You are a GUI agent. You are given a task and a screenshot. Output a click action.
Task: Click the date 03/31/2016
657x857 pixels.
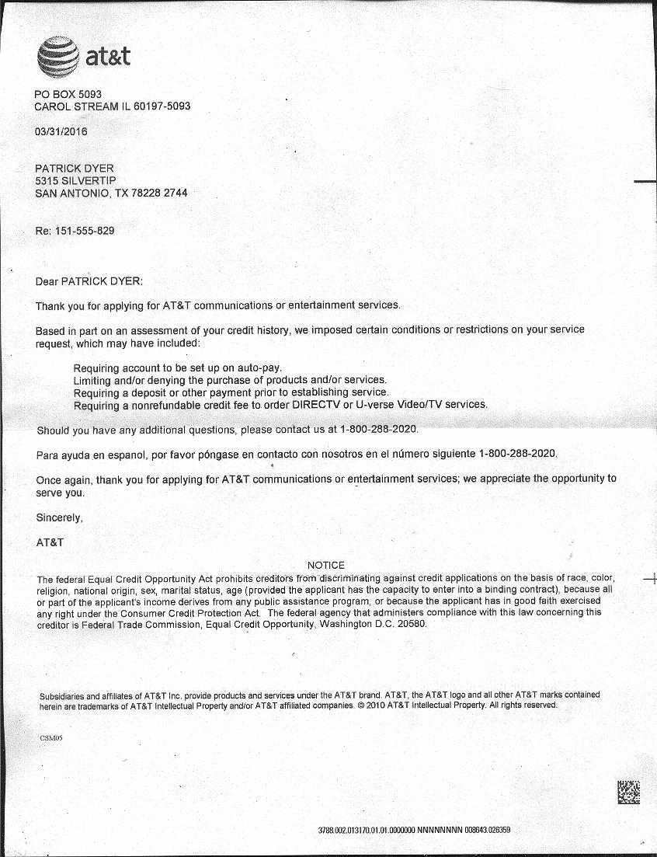tap(61, 131)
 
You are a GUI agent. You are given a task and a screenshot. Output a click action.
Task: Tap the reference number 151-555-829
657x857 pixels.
tap(85, 232)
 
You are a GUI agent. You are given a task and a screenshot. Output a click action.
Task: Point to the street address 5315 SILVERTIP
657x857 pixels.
tap(75, 181)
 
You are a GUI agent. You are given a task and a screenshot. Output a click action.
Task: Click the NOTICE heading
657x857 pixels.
tap(326, 565)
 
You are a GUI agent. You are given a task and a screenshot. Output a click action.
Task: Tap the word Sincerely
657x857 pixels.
tap(59, 517)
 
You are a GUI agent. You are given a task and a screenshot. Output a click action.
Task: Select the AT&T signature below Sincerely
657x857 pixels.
tap(50, 542)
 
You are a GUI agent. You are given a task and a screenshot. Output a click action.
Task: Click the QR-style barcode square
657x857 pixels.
tap(628, 792)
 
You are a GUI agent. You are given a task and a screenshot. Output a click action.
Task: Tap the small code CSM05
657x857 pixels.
tap(50, 737)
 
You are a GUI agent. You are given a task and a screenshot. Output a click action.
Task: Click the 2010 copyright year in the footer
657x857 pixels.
tap(375, 705)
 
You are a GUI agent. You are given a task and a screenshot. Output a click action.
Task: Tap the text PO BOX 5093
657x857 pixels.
tap(68, 94)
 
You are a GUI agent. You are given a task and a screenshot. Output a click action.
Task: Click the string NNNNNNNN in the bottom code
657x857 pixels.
tap(441, 830)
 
